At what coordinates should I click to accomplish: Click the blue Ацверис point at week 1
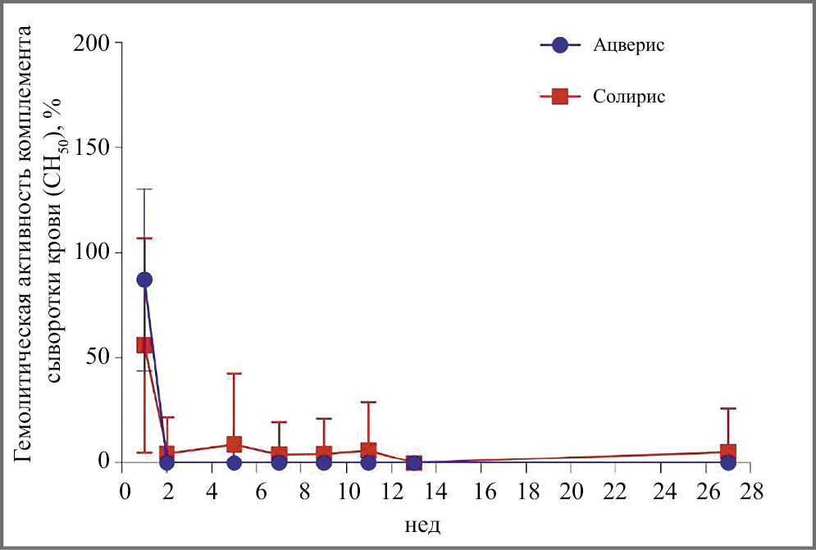coord(144,280)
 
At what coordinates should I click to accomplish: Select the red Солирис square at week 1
coord(144,345)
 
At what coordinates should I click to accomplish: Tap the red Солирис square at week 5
coord(234,444)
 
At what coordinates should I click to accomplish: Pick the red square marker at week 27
coord(727,452)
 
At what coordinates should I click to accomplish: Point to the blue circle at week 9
coord(324,462)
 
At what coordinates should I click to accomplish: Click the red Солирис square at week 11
coord(368,450)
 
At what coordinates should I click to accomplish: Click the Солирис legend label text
coord(627,97)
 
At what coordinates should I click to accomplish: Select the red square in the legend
coord(560,97)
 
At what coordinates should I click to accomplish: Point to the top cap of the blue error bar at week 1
coord(144,189)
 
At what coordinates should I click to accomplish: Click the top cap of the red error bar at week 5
coord(234,374)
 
